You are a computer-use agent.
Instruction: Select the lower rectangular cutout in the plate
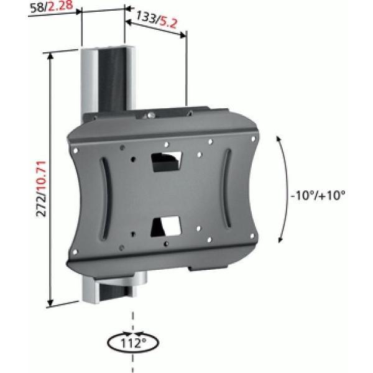167,225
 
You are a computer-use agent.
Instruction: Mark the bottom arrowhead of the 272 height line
50,303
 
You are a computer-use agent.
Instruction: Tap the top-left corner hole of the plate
76,150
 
